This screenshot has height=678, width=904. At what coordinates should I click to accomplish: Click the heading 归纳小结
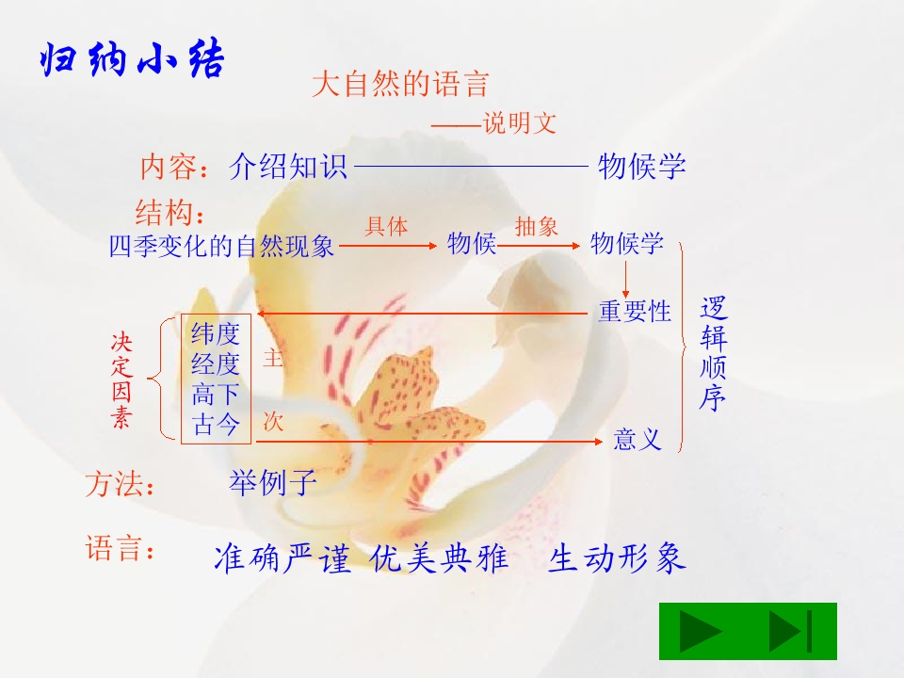(132, 60)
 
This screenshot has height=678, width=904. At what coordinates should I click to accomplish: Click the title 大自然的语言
(400, 85)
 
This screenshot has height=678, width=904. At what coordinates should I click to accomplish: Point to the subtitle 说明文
(519, 123)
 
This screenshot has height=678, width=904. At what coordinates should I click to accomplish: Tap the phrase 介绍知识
(288, 168)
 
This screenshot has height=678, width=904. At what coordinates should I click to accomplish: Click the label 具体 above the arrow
(386, 227)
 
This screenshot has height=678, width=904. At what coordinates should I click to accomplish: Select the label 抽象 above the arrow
(537, 227)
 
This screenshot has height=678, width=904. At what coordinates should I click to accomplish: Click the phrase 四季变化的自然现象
(222, 248)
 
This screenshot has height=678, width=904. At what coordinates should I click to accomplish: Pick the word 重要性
(635, 312)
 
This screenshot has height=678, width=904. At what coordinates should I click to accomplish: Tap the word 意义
(638, 439)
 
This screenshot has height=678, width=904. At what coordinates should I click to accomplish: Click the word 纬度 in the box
(216, 333)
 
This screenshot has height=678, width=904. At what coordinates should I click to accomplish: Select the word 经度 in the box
(216, 363)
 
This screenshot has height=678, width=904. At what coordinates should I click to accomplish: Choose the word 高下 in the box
(216, 394)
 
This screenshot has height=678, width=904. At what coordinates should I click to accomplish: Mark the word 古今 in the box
(216, 424)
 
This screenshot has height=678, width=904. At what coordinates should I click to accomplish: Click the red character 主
(273, 359)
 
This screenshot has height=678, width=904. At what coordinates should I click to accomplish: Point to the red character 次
(273, 422)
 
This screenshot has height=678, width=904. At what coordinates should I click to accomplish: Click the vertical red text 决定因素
(121, 380)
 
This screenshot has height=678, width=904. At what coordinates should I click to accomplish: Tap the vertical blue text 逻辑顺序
(714, 354)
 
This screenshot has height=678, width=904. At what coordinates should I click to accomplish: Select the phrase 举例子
(273, 483)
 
